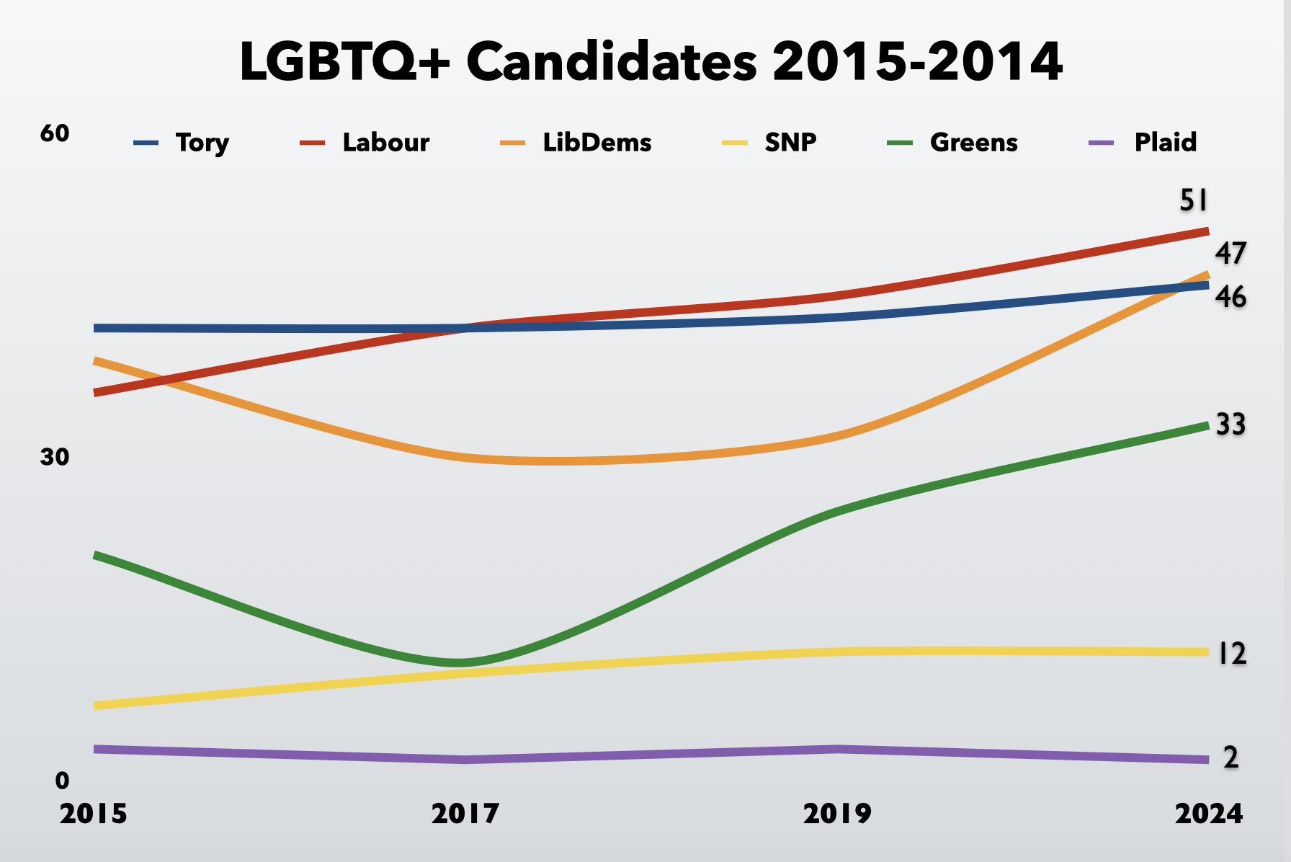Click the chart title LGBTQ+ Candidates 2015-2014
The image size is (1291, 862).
pos(651,62)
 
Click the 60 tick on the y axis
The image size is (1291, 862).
pos(55,133)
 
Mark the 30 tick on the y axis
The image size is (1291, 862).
pos(55,457)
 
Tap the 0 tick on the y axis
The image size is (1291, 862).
pos(63,780)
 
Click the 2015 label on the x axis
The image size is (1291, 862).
pos(94,814)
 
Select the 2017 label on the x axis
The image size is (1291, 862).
pos(465,814)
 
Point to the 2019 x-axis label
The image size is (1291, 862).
pos(837,814)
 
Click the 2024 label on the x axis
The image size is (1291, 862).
pos(1209,814)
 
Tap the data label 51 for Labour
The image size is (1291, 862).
pos(1193,200)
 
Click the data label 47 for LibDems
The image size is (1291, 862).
pos(1230,254)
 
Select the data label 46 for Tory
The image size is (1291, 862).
pos(1230,297)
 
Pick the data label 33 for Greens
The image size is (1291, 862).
pos(1230,425)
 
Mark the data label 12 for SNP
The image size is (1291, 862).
pos(1231,654)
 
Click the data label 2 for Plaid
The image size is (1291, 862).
pos(1231,757)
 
